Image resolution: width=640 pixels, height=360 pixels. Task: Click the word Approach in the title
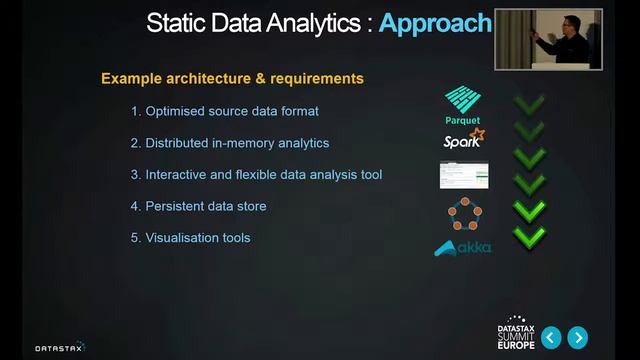tap(435, 23)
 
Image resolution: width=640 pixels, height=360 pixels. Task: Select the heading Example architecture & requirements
tap(232, 78)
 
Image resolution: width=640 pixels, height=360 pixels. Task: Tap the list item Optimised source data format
tap(225, 111)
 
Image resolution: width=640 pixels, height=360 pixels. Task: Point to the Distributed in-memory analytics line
tap(229, 143)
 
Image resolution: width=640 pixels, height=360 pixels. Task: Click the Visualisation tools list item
tap(190, 238)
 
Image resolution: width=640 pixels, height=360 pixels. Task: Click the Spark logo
tap(464, 139)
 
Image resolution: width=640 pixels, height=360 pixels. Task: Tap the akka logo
tap(462, 247)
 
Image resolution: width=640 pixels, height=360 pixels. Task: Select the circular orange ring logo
tap(463, 212)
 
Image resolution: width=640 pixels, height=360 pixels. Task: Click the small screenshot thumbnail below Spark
tap(463, 175)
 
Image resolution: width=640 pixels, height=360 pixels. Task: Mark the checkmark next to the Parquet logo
tap(528, 104)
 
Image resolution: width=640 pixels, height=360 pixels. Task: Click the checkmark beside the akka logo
tap(528, 237)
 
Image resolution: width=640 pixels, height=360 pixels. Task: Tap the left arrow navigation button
tap(549, 337)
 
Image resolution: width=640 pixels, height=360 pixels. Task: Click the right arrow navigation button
tap(577, 337)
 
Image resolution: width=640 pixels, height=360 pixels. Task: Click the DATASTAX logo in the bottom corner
tap(60, 347)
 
